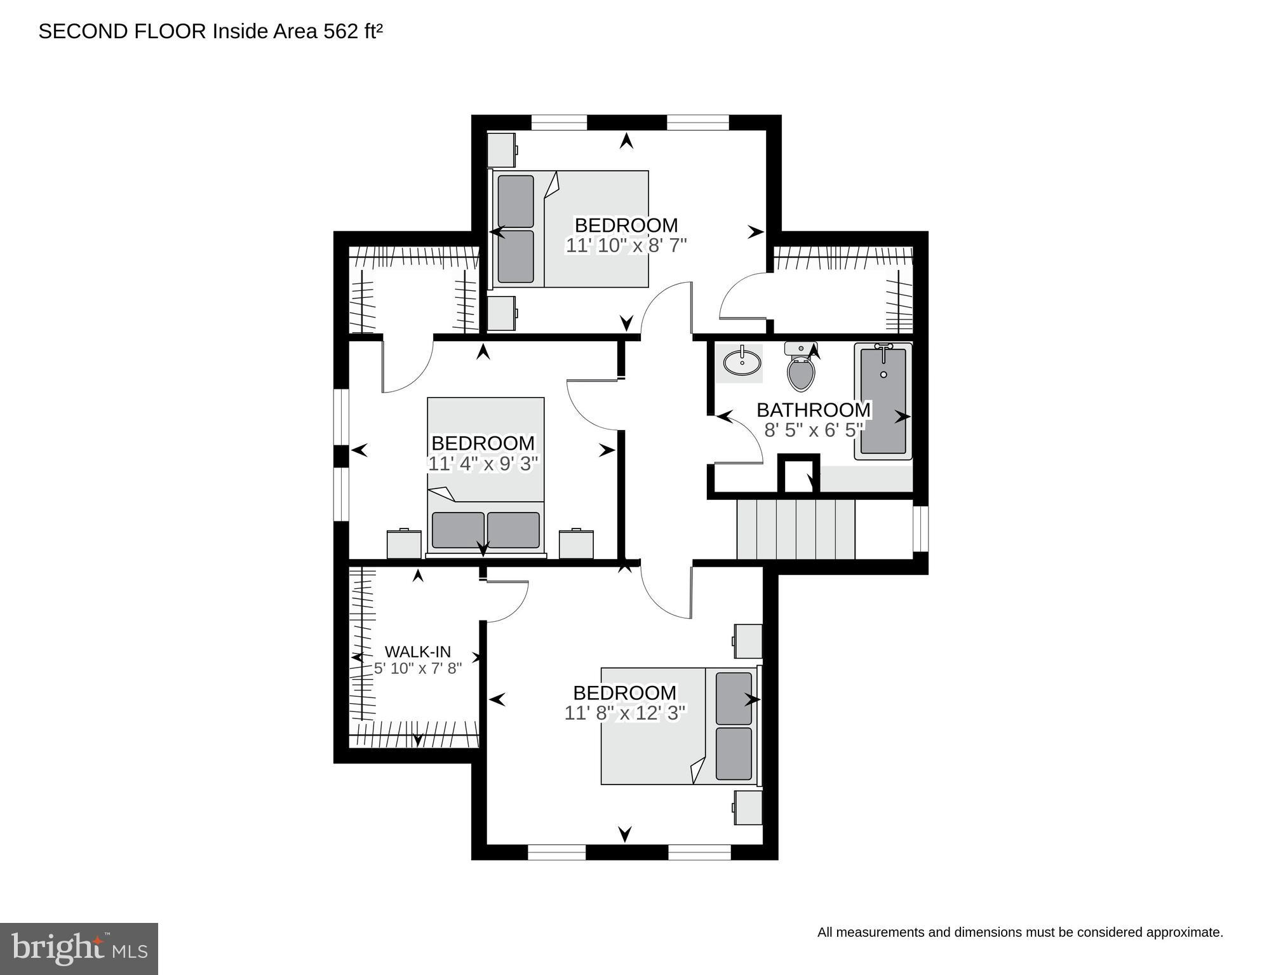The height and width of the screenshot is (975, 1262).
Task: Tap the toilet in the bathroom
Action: [800, 372]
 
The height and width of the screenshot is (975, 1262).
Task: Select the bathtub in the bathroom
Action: [883, 401]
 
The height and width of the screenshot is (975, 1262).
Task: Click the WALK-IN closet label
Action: [418, 652]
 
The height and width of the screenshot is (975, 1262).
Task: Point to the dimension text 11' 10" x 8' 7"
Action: [626, 246]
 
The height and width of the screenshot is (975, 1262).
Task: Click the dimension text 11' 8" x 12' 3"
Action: [625, 713]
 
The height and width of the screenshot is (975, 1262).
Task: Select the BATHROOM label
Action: [814, 410]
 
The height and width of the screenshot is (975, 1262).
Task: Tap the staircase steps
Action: [796, 529]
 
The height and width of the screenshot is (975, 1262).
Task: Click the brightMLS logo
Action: [79, 948]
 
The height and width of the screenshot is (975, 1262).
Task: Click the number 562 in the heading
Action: [341, 32]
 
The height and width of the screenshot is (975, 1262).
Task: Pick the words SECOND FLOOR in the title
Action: [123, 32]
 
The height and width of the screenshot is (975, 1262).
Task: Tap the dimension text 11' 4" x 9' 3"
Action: [483, 464]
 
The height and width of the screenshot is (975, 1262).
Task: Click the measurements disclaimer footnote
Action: [1019, 932]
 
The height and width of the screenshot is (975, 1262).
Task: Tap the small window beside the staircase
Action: [921, 528]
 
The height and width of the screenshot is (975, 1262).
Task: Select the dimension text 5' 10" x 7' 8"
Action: [418, 668]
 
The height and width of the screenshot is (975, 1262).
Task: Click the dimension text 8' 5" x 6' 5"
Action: [814, 431]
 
